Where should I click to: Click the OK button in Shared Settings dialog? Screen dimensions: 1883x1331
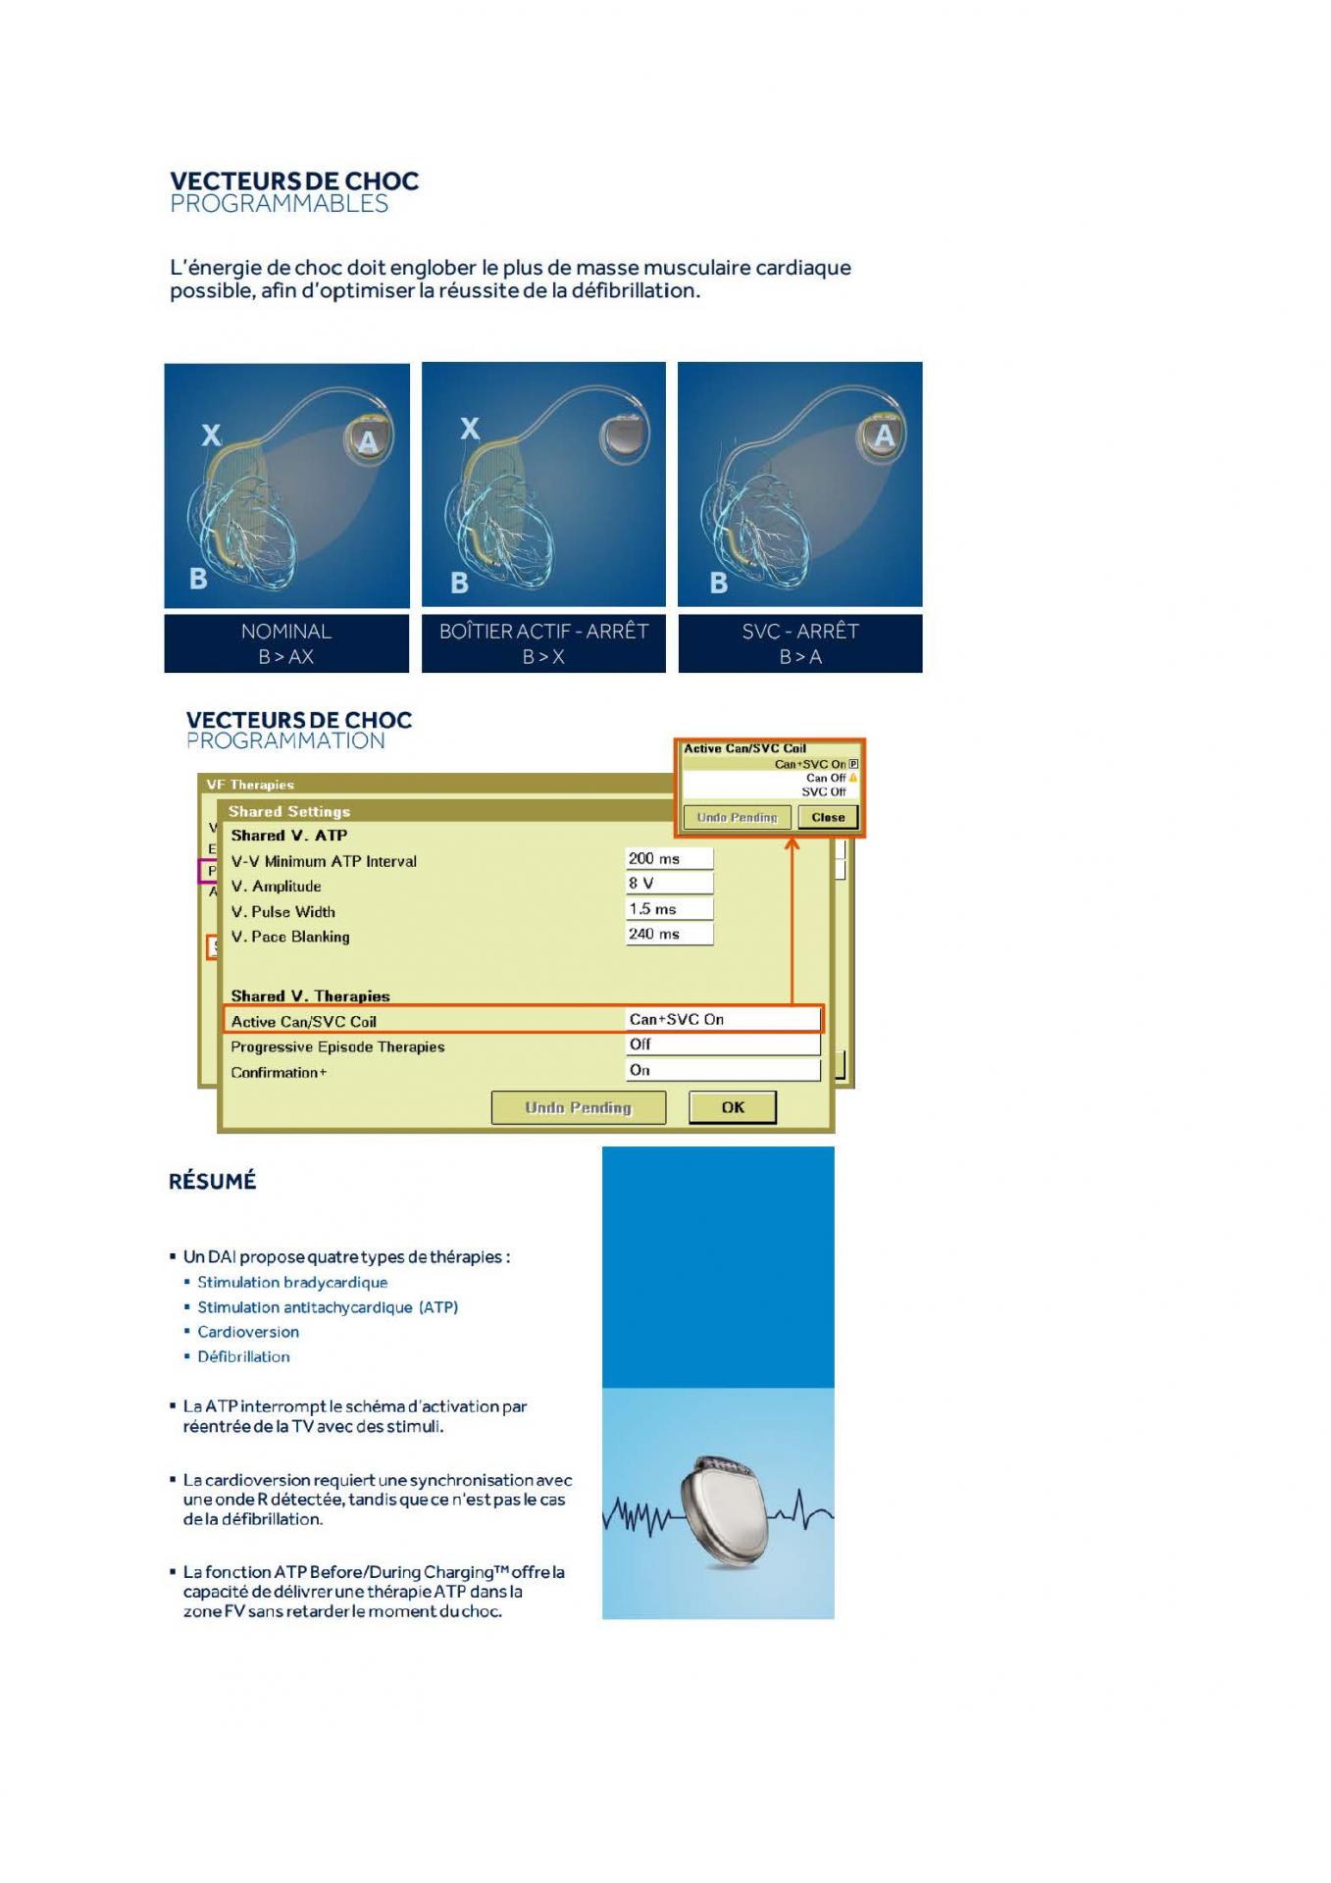pos(733,1107)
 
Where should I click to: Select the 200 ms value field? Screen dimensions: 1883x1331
pos(669,859)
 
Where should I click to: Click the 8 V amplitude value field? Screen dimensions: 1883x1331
pos(669,884)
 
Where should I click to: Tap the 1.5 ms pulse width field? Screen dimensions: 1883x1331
pos(669,909)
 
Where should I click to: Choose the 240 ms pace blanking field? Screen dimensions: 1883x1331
pos(669,934)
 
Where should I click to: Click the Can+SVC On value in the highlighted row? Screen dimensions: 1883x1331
pos(722,1020)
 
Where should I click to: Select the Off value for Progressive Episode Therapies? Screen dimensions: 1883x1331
pos(722,1045)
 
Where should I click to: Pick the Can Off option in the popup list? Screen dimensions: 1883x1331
pos(825,778)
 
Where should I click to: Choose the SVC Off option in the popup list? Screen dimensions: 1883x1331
pos(823,791)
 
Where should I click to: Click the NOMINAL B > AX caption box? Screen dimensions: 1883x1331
pos(286,643)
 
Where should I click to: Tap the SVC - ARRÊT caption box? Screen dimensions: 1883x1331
pos(800,643)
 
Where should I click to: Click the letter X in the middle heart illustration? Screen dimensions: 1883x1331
pos(470,430)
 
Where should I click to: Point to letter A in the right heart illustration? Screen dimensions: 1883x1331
pos(884,435)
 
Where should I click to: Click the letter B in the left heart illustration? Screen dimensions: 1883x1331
pos(198,579)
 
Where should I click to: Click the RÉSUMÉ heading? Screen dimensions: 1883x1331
pos(212,1181)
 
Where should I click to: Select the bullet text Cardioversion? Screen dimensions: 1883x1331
pos(248,1332)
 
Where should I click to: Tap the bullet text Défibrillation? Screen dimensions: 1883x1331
pos(243,1357)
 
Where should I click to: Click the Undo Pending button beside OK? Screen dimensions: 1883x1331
pos(578,1108)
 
